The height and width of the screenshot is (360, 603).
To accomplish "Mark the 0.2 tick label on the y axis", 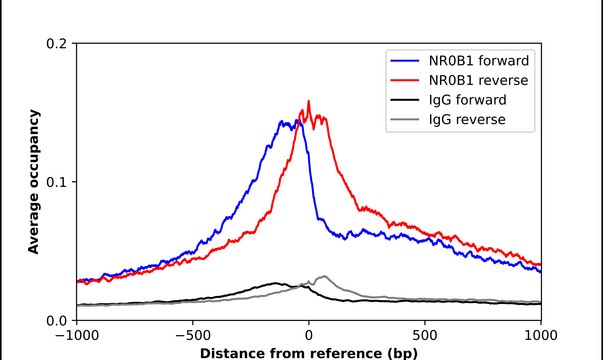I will [58, 44].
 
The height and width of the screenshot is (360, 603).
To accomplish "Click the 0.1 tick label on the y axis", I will [58, 182].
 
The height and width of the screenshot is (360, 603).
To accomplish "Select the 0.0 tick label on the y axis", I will [58, 320].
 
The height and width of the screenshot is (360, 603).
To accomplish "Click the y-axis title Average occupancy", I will [33, 182].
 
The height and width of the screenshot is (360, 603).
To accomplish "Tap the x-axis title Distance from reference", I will [308, 353].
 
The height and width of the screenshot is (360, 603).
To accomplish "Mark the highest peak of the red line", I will [308, 101].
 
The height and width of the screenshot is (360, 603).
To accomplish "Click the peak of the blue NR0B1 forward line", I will [283, 120].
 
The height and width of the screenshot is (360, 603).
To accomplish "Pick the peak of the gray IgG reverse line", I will [322, 276].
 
